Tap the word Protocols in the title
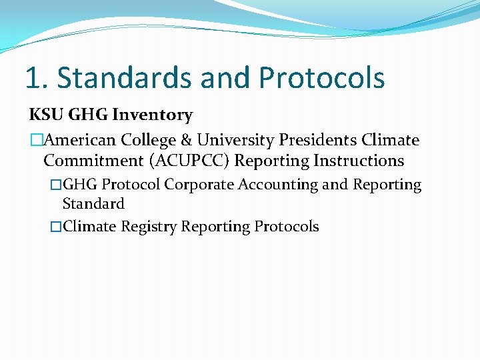click(x=321, y=77)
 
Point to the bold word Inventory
click(x=152, y=115)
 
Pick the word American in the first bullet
click(x=80, y=141)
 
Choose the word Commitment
click(x=87, y=161)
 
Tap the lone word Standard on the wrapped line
click(x=93, y=203)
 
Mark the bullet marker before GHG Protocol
click(x=56, y=185)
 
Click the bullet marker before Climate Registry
click(x=56, y=227)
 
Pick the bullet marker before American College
click(x=36, y=141)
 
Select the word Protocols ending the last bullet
click(x=286, y=227)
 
